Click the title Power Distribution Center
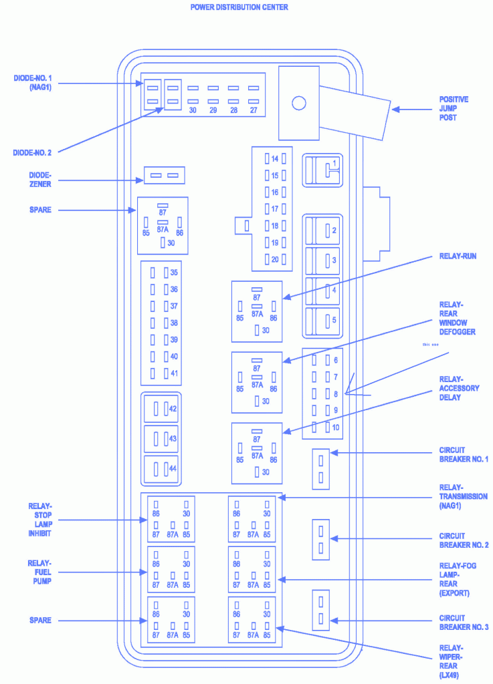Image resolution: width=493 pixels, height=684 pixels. pyautogui.click(x=239, y=7)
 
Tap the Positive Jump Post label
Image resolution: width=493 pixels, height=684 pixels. pyautogui.click(x=454, y=108)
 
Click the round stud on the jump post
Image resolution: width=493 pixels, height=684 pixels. pyautogui.click(x=299, y=103)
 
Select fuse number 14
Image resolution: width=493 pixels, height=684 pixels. pyautogui.click(x=275, y=159)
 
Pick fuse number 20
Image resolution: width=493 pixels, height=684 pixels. pyautogui.click(x=275, y=259)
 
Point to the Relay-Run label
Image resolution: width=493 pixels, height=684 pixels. pyautogui.click(x=458, y=256)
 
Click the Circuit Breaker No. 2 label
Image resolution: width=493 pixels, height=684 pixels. pyautogui.click(x=464, y=540)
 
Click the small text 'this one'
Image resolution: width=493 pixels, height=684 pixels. pyautogui.click(x=431, y=345)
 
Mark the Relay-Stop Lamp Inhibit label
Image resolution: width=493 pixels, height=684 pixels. pyautogui.click(x=39, y=519)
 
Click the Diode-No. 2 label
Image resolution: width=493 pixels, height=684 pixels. pyautogui.click(x=32, y=153)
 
